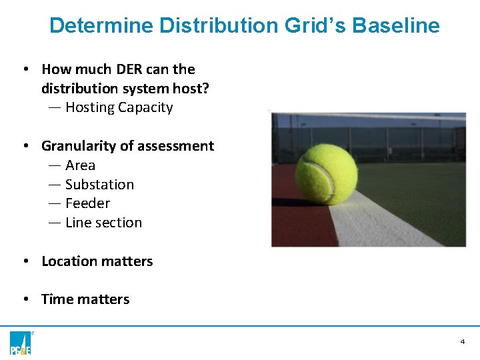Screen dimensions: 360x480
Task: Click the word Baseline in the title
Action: (x=396, y=26)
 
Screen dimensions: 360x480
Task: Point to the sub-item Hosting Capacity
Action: (x=119, y=107)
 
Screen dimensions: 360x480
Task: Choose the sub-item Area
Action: (x=80, y=165)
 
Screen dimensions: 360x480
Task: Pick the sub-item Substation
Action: (x=99, y=185)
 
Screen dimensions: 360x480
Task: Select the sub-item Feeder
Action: (x=87, y=203)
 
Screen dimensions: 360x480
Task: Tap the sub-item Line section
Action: (x=103, y=223)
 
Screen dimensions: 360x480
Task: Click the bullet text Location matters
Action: (x=97, y=261)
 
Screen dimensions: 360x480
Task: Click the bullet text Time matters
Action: (x=85, y=299)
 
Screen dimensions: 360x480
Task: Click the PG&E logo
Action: (x=21, y=342)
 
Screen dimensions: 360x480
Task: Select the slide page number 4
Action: (x=462, y=342)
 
